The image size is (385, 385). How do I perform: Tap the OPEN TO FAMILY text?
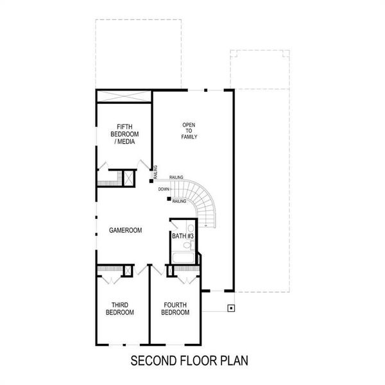[189, 131]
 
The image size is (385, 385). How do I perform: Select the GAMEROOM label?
[125, 230]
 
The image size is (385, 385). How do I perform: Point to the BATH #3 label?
[182, 237]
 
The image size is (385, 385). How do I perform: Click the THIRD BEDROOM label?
[120, 309]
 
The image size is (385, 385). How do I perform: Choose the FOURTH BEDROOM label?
[175, 309]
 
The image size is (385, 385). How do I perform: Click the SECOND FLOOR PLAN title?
[189, 361]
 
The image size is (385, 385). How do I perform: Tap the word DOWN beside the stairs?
[164, 189]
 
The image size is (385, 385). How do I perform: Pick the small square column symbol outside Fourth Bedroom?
[230, 308]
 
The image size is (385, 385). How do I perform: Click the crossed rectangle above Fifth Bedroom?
[124, 96]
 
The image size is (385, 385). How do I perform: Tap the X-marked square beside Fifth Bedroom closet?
[129, 178]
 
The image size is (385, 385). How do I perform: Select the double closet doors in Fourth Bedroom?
[186, 279]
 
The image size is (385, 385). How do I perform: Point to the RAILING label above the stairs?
[176, 178]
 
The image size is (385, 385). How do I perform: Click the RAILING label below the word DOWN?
[180, 201]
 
